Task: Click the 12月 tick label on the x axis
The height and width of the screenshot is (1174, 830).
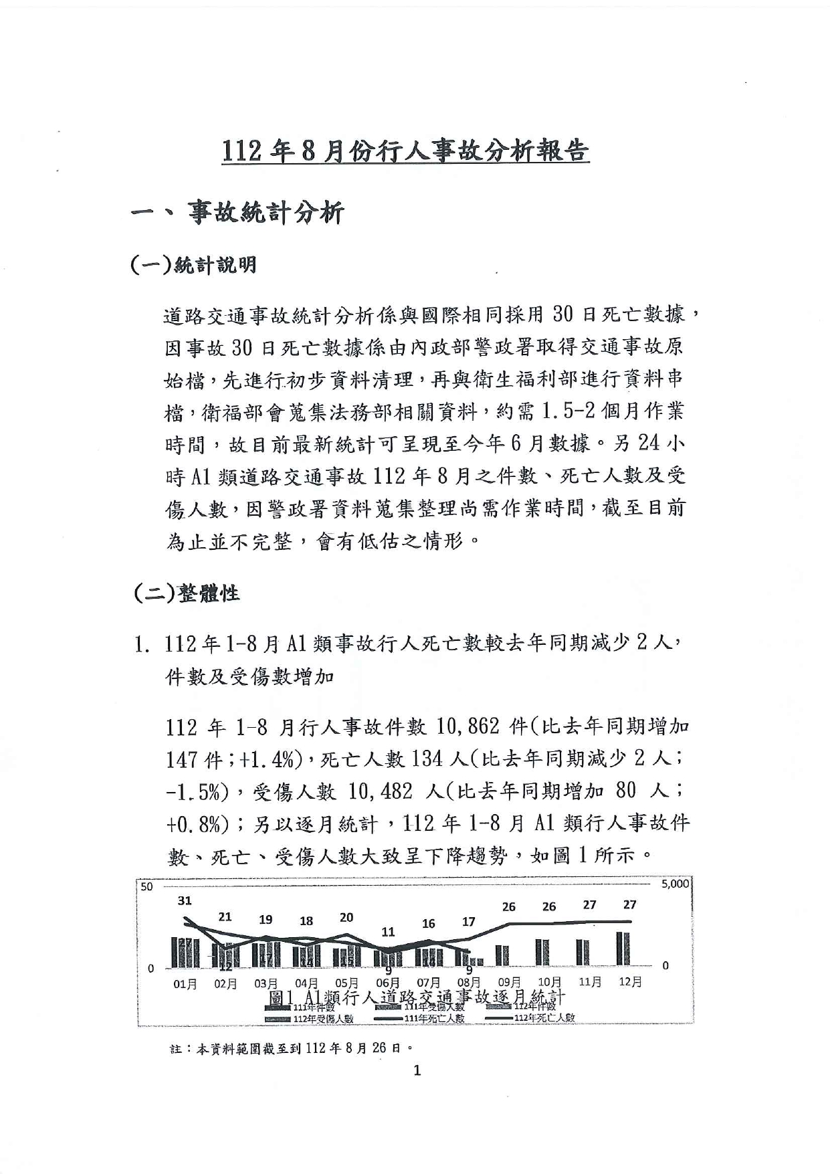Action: (x=630, y=982)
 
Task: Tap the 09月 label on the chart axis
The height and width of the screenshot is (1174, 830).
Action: (x=510, y=982)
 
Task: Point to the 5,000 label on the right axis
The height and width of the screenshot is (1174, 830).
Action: (x=675, y=884)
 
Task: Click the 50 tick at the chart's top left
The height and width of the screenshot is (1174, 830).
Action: (x=146, y=886)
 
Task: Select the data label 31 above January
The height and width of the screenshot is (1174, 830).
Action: (x=185, y=900)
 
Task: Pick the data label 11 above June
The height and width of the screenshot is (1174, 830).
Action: (x=388, y=931)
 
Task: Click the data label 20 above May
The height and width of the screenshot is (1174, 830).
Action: (x=346, y=917)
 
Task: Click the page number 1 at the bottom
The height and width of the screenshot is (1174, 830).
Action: (x=417, y=1070)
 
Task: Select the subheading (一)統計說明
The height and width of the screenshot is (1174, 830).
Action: (x=194, y=265)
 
